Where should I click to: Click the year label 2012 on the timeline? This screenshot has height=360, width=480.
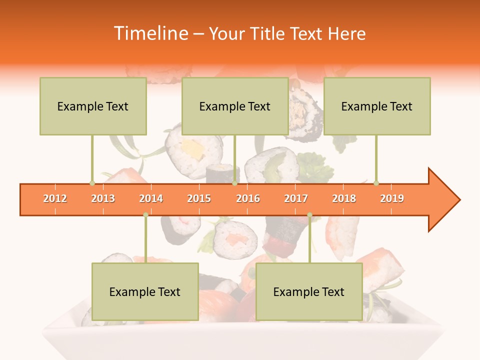(x=55, y=198)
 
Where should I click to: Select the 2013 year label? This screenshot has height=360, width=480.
(x=103, y=198)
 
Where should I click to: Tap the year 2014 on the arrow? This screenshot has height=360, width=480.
(x=151, y=198)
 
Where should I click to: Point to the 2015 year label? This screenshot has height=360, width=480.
(x=199, y=198)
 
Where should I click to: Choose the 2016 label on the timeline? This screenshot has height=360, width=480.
(x=248, y=198)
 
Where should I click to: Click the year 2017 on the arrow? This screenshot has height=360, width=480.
(x=296, y=198)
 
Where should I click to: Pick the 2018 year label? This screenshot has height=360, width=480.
(x=344, y=198)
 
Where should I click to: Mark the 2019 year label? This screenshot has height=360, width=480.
(x=392, y=198)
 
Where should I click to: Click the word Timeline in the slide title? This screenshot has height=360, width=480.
(x=150, y=33)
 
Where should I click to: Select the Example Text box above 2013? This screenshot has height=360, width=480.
(x=93, y=106)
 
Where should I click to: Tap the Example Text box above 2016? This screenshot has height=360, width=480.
(x=235, y=106)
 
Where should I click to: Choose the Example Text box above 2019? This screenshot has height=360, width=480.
(x=377, y=106)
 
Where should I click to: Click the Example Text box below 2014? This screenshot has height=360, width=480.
(x=145, y=291)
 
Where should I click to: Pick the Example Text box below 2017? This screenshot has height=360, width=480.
(x=309, y=291)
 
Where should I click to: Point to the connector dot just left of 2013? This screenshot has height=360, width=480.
(x=92, y=183)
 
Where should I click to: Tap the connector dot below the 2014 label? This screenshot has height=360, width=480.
(x=145, y=214)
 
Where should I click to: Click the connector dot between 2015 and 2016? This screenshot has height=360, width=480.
(x=235, y=183)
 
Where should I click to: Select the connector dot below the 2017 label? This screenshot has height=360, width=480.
(x=309, y=214)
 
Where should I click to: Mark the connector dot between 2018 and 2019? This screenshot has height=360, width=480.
(x=376, y=183)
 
